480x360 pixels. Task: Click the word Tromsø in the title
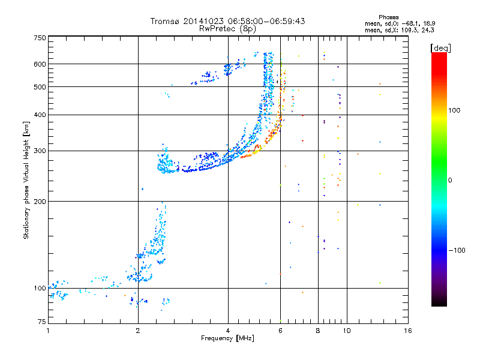point(166,22)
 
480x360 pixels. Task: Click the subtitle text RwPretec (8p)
point(227,28)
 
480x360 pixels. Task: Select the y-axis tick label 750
point(40,38)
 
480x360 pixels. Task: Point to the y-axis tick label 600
point(40,64)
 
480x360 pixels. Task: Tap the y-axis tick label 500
point(40,87)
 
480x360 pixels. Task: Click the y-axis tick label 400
point(40,115)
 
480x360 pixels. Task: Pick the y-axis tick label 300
point(40,151)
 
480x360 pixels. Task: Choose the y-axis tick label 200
point(40,201)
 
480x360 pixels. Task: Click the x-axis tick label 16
point(407,331)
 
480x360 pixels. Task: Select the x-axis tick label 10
point(346,331)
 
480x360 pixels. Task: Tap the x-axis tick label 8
point(318,331)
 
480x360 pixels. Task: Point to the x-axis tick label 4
point(228,331)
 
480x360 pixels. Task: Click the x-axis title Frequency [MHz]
point(228,339)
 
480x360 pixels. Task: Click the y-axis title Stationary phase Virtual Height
point(26,179)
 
